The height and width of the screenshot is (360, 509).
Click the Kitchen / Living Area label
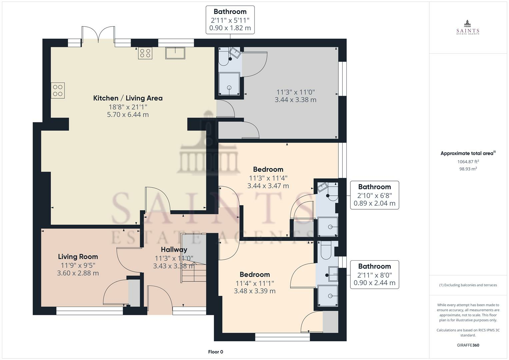128,98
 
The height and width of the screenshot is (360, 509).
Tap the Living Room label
78,257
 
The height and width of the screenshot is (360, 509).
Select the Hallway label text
174,250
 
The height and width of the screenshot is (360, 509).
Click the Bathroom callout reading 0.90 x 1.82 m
230,20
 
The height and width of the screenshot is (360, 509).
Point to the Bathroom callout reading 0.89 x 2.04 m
374,195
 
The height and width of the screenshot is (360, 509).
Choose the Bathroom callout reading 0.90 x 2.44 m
374,275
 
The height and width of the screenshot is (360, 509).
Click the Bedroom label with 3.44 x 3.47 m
268,169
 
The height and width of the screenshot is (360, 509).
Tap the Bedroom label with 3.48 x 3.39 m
255,275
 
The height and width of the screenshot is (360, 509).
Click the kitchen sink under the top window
175,53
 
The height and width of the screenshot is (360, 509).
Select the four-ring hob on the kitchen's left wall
58,90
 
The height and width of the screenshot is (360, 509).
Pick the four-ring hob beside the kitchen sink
145,53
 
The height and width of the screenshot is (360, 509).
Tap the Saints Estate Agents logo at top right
468,27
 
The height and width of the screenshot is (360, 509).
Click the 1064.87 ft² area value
468,162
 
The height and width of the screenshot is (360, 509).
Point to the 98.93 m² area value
468,169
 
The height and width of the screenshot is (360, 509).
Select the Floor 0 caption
216,352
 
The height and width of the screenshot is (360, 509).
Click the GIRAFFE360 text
468,345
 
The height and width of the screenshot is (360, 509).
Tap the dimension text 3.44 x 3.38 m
295,100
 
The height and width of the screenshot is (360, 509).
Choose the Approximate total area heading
468,153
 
